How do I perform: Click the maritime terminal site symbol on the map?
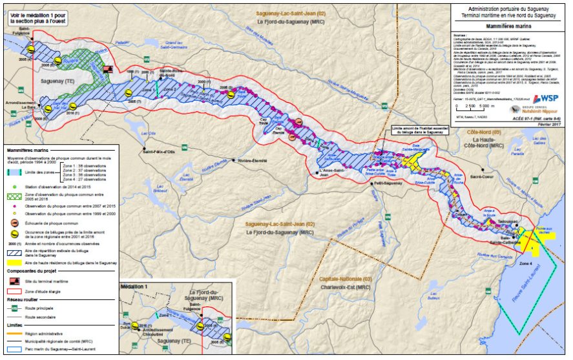click(109, 68)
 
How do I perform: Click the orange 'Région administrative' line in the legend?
click(13, 334)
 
